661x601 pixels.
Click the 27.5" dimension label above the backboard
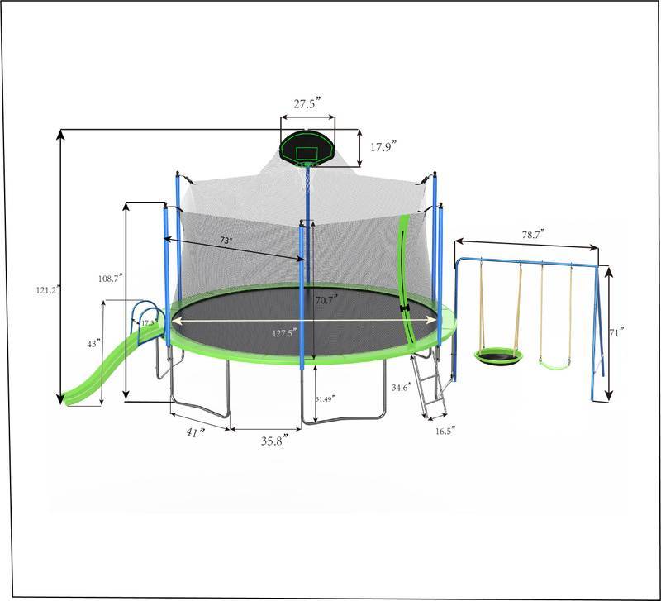307,104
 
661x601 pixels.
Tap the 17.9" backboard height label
383,147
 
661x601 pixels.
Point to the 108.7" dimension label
110,279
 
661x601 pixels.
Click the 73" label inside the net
225,240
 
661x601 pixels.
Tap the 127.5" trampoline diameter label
283,333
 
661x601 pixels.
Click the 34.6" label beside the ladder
403,387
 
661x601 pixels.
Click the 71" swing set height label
616,332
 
